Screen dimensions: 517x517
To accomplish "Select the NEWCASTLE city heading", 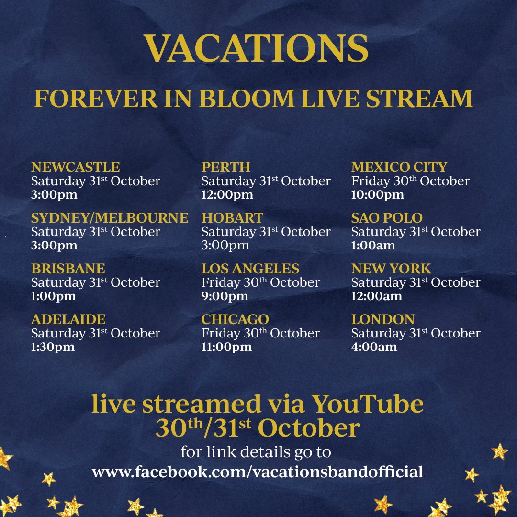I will pyautogui.click(x=75, y=167).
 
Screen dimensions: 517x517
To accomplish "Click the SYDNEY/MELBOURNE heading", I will pyautogui.click(x=110, y=218).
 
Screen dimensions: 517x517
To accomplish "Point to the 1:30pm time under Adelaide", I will pyautogui.click(x=53, y=347).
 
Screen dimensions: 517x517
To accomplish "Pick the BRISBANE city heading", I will pyautogui.click(x=68, y=269).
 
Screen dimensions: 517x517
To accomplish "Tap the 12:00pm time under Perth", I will pyautogui.click(x=227, y=195).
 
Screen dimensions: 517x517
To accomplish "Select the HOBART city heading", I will pyautogui.click(x=232, y=218).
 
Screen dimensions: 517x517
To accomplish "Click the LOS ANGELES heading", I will pyautogui.click(x=250, y=269).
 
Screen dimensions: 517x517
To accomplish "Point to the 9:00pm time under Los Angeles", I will pyautogui.click(x=225, y=296).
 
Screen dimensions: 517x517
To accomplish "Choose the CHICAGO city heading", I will pyautogui.click(x=235, y=319).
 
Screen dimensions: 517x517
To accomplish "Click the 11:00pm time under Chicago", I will pyautogui.click(x=226, y=347).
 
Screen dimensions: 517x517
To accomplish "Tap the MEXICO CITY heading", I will pyautogui.click(x=399, y=167).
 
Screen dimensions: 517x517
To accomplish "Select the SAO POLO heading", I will pyautogui.click(x=387, y=218).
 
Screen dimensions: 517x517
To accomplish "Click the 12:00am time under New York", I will pyautogui.click(x=377, y=296).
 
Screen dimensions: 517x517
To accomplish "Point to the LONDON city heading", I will pyautogui.click(x=383, y=319).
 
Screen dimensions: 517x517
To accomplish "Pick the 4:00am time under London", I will pyautogui.click(x=374, y=347).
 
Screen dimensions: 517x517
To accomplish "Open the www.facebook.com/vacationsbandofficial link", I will pyautogui.click(x=258, y=472).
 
